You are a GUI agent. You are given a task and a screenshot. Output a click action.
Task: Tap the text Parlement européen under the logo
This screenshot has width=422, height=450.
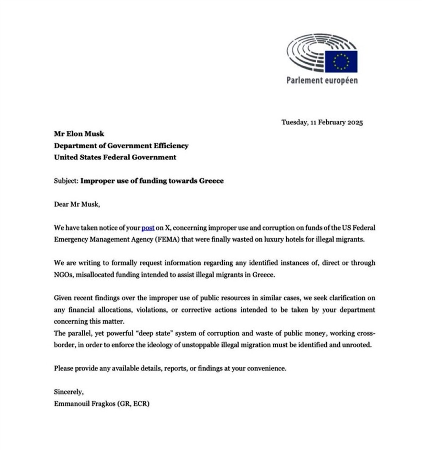coord(322,80)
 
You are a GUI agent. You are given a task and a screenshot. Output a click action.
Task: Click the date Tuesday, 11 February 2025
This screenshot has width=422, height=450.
coord(322,123)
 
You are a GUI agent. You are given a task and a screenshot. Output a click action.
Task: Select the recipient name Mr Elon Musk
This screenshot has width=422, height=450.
coord(79,134)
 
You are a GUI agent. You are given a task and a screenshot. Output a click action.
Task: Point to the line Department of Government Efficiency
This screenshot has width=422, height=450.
coord(121,145)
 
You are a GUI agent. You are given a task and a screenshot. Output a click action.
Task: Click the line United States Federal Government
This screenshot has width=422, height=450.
coord(115,157)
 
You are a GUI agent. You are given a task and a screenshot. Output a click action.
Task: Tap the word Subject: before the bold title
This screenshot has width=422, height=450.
coord(66,181)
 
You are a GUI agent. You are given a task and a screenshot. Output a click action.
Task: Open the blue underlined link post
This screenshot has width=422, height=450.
coord(148,228)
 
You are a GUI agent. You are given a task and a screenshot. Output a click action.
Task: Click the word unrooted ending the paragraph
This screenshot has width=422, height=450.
coord(358,345)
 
